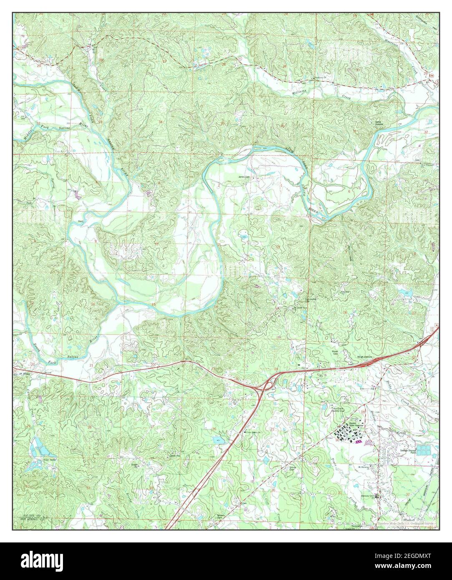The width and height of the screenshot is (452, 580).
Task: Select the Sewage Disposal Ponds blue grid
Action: coord(424,450)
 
